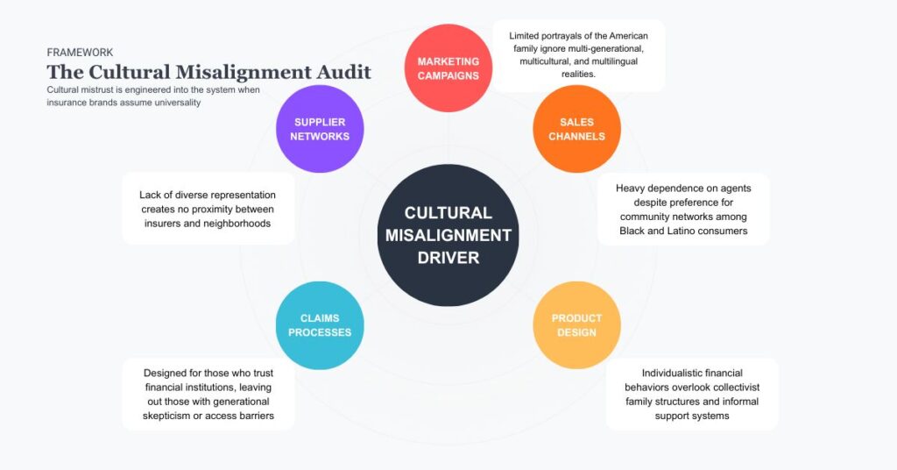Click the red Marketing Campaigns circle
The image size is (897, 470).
coord(448,68)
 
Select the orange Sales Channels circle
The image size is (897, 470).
coord(576,129)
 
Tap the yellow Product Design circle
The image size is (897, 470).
coord(576,324)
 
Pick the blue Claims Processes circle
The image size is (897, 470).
coord(320,324)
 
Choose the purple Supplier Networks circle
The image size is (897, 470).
coord(320,129)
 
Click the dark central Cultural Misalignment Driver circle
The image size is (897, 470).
coord(448,235)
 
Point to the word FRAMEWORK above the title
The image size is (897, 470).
coord(80,53)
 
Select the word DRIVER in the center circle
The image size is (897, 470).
coord(448,258)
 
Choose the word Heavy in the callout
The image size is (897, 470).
coord(630,188)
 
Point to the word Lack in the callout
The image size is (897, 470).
coord(152,195)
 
